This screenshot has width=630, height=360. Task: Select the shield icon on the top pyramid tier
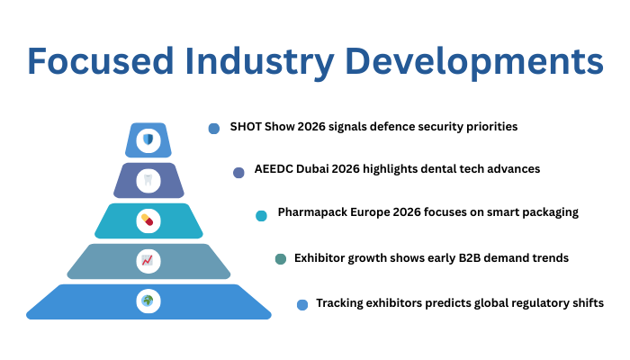(x=148, y=140)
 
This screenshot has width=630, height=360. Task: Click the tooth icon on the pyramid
(x=148, y=179)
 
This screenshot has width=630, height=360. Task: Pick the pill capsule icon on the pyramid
(x=148, y=220)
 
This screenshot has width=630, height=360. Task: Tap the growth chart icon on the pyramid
(x=148, y=261)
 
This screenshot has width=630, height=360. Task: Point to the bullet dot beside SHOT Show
(x=214, y=129)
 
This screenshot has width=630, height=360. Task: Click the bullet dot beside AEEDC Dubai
(x=238, y=172)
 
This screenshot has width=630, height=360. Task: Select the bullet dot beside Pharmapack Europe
(x=261, y=215)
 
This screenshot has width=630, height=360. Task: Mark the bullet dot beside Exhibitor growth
(x=280, y=259)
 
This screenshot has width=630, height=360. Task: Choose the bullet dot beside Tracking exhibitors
(x=302, y=304)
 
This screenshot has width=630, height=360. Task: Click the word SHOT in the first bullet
(x=246, y=127)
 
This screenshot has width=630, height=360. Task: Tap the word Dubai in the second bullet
(x=316, y=169)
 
